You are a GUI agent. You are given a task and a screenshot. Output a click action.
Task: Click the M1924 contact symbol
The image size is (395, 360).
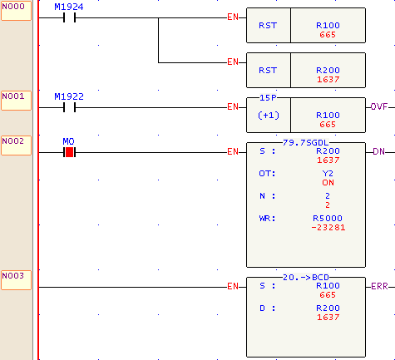(x=69, y=18)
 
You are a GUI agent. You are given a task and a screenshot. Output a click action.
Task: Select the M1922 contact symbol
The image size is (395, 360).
(x=69, y=107)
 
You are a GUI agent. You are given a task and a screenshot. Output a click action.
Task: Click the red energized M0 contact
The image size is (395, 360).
(x=69, y=152)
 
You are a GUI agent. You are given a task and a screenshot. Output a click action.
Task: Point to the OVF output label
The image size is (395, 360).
(x=379, y=106)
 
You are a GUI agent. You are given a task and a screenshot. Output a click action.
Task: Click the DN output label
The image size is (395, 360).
(x=378, y=151)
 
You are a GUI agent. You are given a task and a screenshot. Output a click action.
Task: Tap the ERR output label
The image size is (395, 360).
(x=379, y=286)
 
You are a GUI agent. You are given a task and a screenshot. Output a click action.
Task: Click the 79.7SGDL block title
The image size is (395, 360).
(x=305, y=143)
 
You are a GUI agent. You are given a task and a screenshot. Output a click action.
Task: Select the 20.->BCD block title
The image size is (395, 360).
(x=306, y=278)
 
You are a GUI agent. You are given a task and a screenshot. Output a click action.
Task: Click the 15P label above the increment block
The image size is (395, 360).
(x=268, y=98)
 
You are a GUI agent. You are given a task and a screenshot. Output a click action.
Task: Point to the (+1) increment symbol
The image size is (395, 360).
(x=269, y=116)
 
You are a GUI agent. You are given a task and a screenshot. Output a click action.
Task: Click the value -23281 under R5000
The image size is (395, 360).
(x=328, y=228)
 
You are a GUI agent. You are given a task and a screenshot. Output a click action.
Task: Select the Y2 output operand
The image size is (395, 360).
(x=328, y=174)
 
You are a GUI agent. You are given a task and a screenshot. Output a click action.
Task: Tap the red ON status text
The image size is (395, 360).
(x=328, y=183)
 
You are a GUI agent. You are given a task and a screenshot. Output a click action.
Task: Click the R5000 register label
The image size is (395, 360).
(x=328, y=219)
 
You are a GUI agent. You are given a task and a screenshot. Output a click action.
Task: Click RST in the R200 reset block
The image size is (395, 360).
(x=268, y=71)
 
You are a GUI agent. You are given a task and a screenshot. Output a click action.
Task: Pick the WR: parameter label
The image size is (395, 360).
(x=267, y=219)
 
